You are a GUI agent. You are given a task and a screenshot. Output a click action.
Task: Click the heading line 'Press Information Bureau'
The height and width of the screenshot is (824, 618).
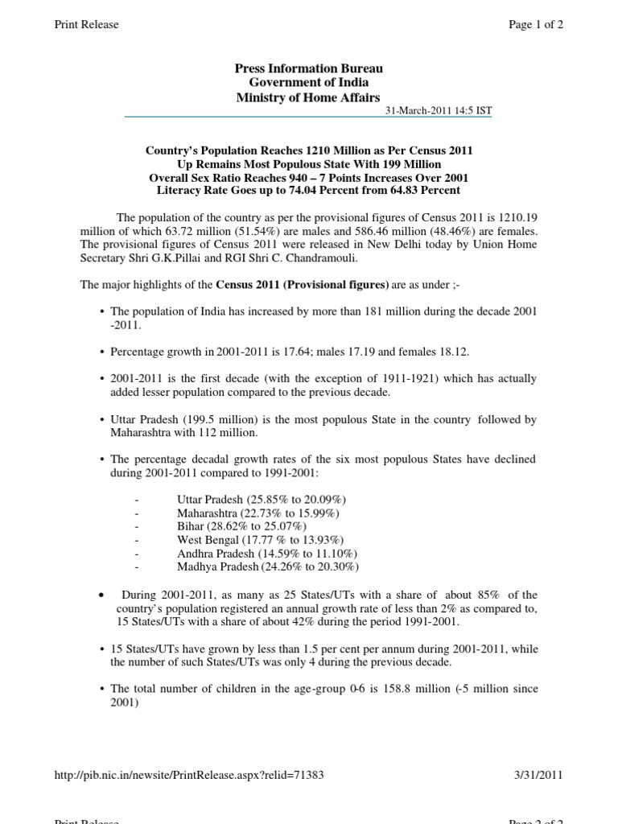click(309, 68)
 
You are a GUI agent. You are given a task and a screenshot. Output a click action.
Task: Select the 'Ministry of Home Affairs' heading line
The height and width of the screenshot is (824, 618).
click(309, 97)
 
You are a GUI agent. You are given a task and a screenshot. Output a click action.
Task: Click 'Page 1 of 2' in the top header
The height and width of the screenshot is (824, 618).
click(536, 24)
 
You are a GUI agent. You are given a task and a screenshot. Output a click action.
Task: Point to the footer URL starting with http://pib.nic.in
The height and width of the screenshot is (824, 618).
click(189, 775)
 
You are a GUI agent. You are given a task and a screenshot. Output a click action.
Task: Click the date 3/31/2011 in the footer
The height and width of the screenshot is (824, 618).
click(538, 775)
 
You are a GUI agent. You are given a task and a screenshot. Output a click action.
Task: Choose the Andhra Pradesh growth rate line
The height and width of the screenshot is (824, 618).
click(267, 554)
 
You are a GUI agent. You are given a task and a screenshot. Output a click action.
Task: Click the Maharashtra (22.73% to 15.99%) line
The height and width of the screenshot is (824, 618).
click(257, 513)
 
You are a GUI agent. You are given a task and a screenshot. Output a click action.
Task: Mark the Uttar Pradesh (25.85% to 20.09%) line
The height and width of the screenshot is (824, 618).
click(262, 499)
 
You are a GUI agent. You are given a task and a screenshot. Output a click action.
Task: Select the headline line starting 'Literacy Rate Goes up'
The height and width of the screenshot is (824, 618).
click(309, 190)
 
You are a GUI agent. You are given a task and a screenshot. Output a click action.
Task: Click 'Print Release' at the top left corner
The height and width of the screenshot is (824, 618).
click(86, 24)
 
